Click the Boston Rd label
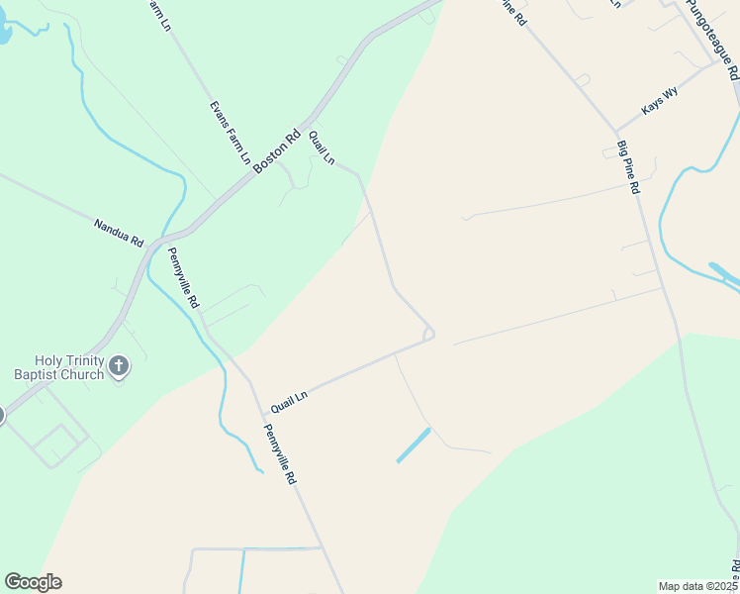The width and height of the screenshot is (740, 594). click(276, 154)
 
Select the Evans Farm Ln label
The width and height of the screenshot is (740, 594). click(230, 132)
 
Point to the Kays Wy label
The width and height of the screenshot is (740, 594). click(660, 101)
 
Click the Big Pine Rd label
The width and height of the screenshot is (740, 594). click(628, 166)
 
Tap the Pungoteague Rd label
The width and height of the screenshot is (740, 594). click(712, 40)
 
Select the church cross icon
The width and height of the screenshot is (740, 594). click(118, 367)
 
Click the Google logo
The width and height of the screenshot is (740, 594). click(33, 582)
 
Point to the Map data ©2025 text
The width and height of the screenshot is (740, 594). click(696, 585)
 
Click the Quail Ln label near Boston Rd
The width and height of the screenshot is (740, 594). click(323, 148)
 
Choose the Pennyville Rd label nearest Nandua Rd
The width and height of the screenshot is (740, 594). click(184, 276)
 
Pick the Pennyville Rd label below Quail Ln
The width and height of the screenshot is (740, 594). click(279, 453)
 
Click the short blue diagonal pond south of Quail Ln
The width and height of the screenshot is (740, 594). click(414, 445)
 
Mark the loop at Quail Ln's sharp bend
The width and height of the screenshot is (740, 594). click(428, 335)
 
